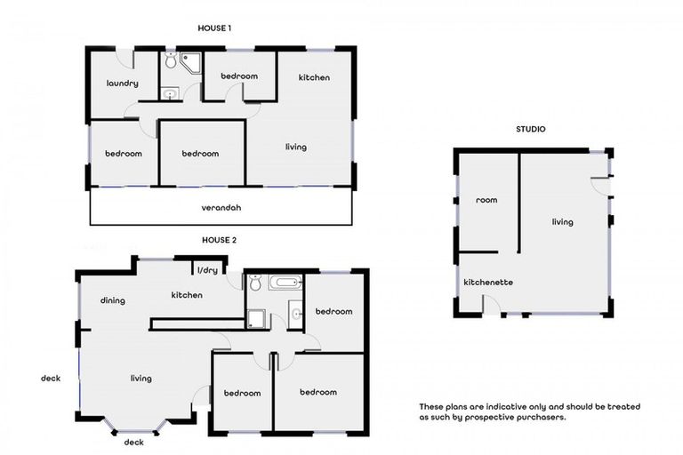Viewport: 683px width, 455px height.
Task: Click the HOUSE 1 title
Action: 214,28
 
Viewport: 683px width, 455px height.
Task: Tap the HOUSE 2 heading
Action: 219,240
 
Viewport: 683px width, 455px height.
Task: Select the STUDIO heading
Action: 531,129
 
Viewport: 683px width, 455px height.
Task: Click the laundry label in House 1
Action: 122,84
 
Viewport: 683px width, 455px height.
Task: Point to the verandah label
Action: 221,208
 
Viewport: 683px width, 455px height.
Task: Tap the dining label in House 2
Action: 112,300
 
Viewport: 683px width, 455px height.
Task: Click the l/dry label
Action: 207,270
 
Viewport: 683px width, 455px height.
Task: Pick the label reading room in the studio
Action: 486,200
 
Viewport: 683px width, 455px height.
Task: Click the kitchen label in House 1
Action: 314,77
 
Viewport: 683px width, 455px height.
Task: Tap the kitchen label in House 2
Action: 188,295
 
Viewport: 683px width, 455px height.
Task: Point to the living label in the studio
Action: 562,222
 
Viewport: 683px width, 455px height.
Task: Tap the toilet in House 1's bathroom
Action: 170,63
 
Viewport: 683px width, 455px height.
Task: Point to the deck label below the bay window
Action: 133,442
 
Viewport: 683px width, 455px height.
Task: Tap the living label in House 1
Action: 296,147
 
